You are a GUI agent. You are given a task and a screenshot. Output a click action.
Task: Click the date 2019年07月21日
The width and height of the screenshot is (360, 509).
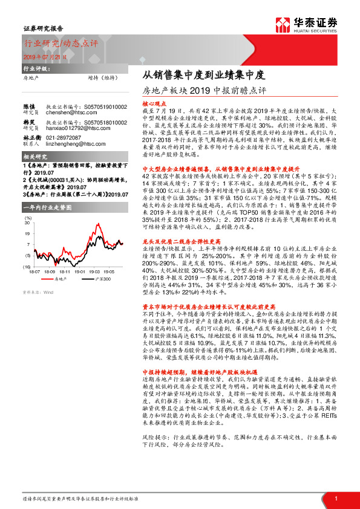pos(45,56)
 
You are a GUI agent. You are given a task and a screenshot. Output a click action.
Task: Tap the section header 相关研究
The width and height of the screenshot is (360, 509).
pos(33,157)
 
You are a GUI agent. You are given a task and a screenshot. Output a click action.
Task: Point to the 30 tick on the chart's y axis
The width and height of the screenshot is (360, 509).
pos(27,224)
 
